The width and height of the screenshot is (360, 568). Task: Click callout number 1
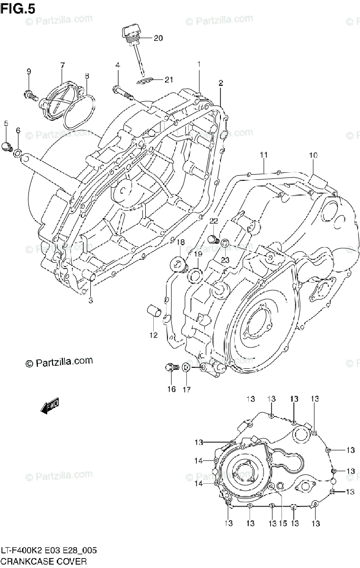click(x=199, y=64)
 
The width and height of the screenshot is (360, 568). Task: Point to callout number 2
click(x=220, y=83)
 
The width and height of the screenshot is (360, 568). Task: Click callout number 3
click(x=90, y=300)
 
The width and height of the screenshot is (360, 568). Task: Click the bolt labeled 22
click(x=213, y=237)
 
